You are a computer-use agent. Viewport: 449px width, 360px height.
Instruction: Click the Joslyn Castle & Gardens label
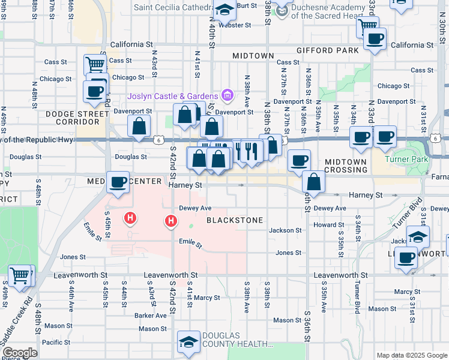pyautogui.click(x=172, y=97)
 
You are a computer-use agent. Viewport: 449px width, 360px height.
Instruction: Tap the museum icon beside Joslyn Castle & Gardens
pyautogui.click(x=227, y=95)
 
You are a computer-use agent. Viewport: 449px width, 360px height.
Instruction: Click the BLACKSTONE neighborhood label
pyautogui.click(x=235, y=220)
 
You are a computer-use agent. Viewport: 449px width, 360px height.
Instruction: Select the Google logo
pyautogui.click(x=20, y=353)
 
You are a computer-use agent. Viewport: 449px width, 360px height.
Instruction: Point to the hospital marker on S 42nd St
pyautogui.click(x=171, y=223)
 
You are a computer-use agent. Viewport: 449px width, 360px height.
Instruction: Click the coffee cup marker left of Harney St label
pyautogui.click(x=118, y=181)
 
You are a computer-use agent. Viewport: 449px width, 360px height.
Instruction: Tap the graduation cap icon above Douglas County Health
pyautogui.click(x=188, y=343)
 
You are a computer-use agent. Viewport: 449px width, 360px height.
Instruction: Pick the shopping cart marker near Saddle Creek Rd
pyautogui.click(x=20, y=275)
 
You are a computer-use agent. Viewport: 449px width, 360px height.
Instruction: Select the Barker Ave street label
pyautogui.click(x=151, y=316)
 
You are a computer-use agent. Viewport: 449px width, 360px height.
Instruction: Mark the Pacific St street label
pyautogui.click(x=56, y=343)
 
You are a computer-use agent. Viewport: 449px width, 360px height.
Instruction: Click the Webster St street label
pyautogui.click(x=235, y=25)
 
